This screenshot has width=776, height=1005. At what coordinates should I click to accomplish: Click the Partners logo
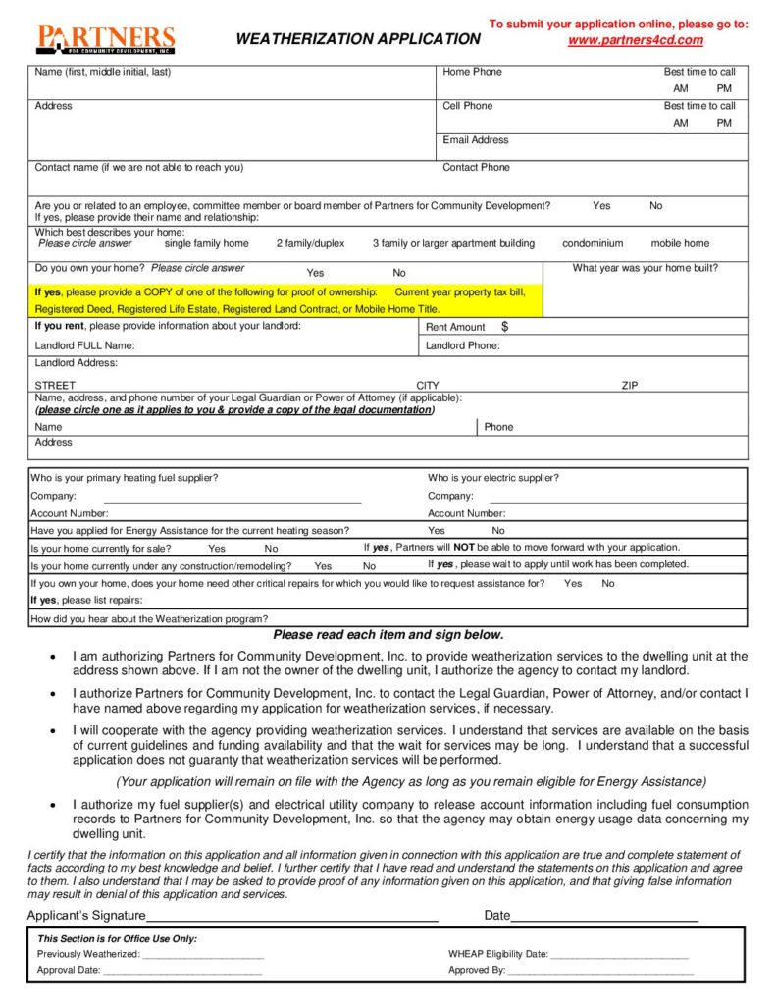coord(105,38)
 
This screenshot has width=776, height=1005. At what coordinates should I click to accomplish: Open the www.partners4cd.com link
coord(636,40)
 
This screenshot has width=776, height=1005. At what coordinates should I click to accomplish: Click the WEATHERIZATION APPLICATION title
coord(358,39)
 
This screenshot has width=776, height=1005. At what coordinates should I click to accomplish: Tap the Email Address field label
coord(476,140)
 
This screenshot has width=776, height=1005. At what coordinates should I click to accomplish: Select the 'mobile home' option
coord(680,243)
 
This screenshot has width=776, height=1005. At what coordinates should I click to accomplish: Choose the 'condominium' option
coord(593,243)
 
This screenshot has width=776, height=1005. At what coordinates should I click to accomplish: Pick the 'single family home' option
coord(206,243)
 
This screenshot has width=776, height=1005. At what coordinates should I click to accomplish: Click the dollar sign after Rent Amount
coord(504,326)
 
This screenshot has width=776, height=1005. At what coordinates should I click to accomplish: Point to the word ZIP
coord(629,386)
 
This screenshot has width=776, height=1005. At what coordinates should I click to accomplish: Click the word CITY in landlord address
coord(428,386)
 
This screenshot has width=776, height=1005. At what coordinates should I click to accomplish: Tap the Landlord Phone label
coord(462,345)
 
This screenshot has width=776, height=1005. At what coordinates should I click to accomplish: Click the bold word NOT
coord(464,547)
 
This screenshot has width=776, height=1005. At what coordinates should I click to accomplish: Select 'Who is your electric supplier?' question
coord(493,478)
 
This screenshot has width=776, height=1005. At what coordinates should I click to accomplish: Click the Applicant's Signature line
coord(291,916)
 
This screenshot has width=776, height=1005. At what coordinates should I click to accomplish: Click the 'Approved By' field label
coord(477,970)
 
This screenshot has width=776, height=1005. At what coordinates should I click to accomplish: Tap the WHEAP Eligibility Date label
coord(498,954)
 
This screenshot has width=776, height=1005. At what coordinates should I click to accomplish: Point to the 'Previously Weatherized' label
coord(88,954)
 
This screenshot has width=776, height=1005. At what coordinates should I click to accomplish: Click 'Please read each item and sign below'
coord(388,635)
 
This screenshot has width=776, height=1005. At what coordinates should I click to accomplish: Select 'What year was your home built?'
coord(645,268)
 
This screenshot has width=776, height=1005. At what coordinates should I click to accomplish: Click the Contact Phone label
coord(476,167)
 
